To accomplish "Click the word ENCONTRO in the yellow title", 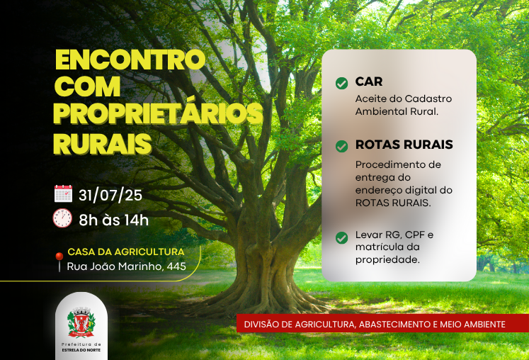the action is tap(130, 60).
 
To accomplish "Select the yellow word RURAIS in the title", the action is tap(102, 144).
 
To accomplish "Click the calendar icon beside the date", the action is tap(63, 193).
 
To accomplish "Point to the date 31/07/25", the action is tap(110, 195).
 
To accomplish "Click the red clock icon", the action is tap(62, 218).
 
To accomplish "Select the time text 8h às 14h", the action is tap(114, 220).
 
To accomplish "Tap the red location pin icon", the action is tap(59, 261).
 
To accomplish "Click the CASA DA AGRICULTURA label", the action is tap(126, 252).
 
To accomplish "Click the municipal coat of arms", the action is tap(81, 322).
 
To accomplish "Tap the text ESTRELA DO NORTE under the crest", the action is tap(81, 350).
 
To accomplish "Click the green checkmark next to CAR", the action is tap(342, 83).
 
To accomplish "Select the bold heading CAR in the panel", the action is tap(369, 81).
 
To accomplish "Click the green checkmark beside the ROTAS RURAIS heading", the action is tap(342, 146).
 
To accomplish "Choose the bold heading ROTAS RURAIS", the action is tap(404, 145).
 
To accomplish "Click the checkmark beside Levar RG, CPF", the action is tap(342, 237).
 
